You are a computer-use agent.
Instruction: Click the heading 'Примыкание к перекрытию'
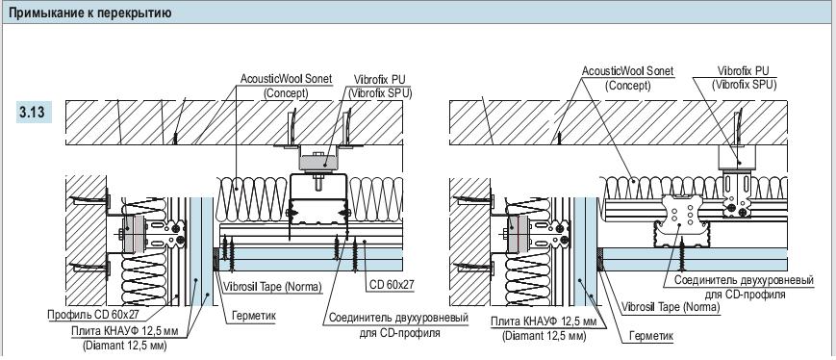point(90,13)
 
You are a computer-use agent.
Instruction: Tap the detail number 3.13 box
point(34,113)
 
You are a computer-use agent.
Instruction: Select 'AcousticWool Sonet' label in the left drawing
point(287,79)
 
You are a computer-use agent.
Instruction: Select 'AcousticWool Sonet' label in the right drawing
point(627,71)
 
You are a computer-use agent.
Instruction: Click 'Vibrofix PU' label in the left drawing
point(380,80)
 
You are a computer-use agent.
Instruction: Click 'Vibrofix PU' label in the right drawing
point(744,71)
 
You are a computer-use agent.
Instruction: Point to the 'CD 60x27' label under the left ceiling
point(392,285)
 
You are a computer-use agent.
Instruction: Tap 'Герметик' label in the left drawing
point(254,316)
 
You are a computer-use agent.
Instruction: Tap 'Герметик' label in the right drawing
point(651,336)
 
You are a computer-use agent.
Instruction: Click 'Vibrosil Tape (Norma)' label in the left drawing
point(272,287)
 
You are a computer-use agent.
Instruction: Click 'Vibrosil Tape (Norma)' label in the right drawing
point(671,307)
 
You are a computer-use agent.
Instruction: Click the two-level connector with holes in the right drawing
point(683,219)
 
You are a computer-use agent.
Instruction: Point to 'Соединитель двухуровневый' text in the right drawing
point(744,280)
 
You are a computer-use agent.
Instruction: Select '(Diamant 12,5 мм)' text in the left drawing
point(125,346)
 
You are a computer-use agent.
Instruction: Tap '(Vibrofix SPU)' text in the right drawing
point(745,85)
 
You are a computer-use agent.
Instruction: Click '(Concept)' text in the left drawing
point(286,92)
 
